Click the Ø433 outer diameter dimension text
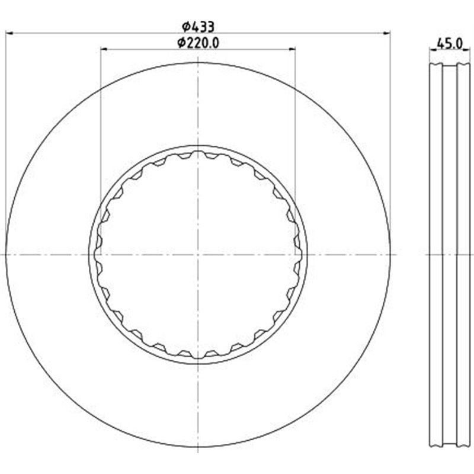[198, 27]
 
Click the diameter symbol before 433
[185, 27]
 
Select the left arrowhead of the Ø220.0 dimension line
[104, 49]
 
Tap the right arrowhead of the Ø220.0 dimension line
[292, 49]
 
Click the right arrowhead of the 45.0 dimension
[468, 49]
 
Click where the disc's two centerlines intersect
[198, 255]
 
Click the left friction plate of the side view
[435, 178]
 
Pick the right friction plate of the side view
[463, 178]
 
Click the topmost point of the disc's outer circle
[198, 62]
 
